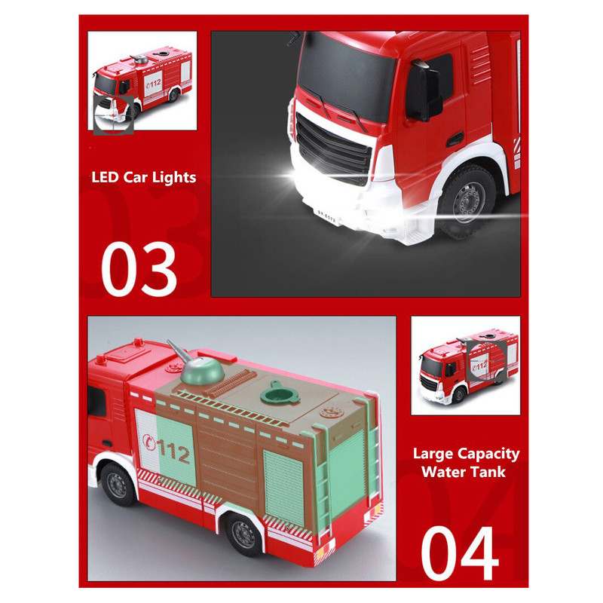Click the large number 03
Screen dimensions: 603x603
139,269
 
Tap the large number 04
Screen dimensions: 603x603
460,553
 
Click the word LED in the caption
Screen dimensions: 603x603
105,177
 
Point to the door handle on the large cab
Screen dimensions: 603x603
455,139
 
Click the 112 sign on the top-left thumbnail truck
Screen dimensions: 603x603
154,83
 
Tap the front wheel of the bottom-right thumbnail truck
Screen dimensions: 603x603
458,395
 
